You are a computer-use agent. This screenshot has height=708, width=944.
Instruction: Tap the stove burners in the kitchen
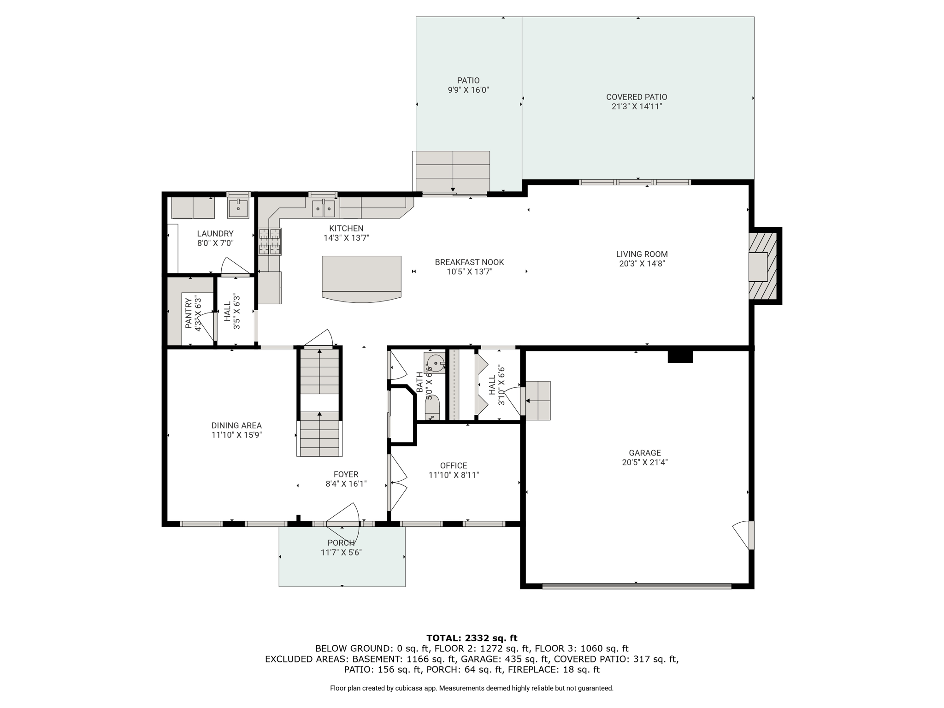[270, 242]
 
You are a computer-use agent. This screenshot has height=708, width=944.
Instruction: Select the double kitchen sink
[324, 208]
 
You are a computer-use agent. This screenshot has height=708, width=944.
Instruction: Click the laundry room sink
[238, 208]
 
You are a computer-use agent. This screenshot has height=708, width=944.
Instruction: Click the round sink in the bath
[435, 362]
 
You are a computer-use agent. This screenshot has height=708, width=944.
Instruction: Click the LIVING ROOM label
[642, 254]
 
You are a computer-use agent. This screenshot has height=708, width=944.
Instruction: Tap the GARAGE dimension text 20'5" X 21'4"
[645, 462]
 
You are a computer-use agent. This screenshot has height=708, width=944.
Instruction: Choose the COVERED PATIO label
[637, 97]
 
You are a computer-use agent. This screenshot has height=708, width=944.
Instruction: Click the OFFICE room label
[454, 466]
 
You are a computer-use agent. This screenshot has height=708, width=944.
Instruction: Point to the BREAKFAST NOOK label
[469, 262]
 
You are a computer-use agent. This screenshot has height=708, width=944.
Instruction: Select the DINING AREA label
[236, 425]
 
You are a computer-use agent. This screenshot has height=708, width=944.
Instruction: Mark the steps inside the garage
[538, 401]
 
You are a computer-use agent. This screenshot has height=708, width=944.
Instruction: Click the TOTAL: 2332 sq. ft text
[472, 638]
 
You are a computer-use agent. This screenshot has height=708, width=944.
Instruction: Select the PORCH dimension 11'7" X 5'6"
[341, 552]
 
